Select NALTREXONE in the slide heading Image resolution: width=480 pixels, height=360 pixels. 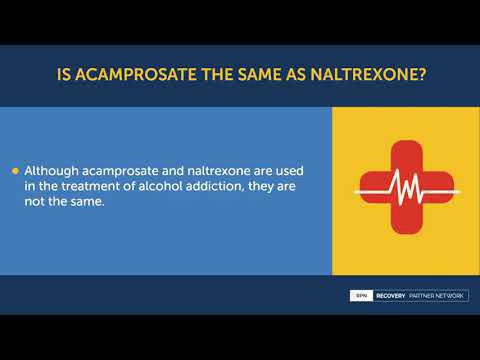coord(364,74)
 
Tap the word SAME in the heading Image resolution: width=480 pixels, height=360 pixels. coord(260,74)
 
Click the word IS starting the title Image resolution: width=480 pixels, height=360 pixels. coord(64,74)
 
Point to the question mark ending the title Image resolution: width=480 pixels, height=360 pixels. coord(421,74)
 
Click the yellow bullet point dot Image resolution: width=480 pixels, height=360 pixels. coord(16,171)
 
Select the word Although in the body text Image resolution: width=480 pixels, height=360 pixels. coord(52,171)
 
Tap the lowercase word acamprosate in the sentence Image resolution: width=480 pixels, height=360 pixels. coord(120,172)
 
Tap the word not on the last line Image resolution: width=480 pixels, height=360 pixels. coord(35,202)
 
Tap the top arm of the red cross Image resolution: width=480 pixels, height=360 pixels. coord(407,156)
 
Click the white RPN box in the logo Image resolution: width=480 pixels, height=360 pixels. coord(361,296)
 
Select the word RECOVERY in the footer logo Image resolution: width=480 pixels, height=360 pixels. coord(390,296)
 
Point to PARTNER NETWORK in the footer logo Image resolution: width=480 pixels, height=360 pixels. coord(436,296)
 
